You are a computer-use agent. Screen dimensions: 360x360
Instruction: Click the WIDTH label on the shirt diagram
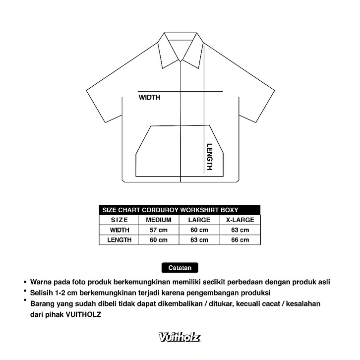click(149, 98)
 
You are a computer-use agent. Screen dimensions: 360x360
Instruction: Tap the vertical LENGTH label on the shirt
click(209, 157)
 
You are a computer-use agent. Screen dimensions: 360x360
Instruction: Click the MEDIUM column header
click(159, 220)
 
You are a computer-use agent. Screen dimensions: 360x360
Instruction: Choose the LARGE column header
click(199, 220)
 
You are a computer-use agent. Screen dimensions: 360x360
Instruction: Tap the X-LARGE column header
click(240, 220)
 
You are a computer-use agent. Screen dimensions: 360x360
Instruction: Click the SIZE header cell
click(120, 220)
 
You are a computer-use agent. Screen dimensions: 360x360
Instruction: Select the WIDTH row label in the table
click(120, 230)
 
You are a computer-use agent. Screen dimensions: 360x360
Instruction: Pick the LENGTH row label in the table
click(120, 240)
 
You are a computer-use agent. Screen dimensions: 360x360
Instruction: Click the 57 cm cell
click(159, 230)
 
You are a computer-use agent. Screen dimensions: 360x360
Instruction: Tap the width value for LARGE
click(199, 230)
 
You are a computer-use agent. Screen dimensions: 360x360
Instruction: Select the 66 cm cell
click(240, 240)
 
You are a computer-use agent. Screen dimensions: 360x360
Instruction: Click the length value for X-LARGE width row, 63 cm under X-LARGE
click(240, 230)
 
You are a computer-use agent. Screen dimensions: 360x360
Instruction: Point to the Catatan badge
click(180, 267)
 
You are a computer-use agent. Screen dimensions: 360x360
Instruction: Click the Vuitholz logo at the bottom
click(180, 338)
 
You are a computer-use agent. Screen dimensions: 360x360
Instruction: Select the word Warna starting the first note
click(41, 282)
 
